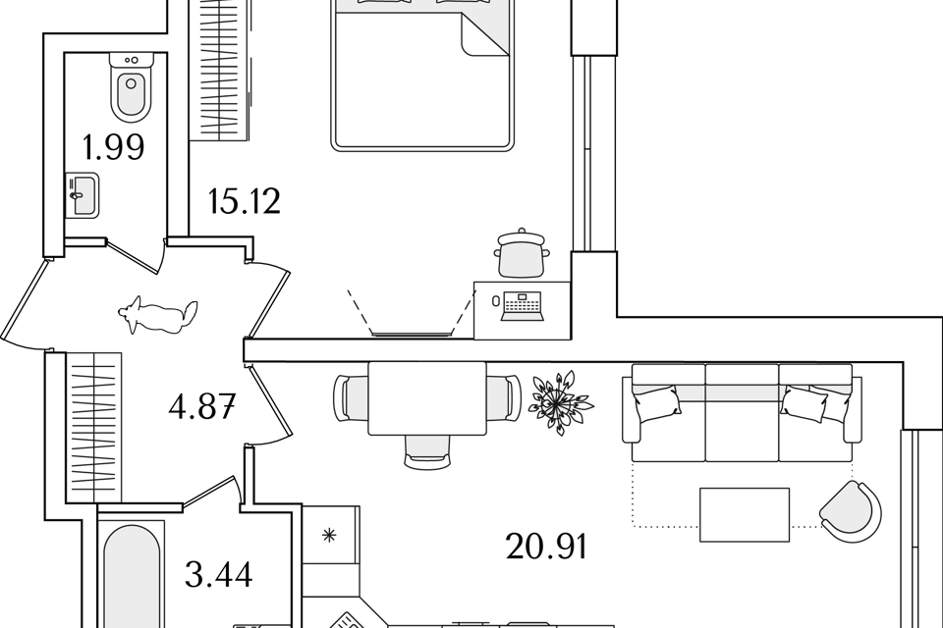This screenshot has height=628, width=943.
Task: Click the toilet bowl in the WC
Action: point(131,95)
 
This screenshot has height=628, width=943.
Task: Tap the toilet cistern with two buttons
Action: point(132,60)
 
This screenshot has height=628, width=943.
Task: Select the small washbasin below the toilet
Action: point(82,194)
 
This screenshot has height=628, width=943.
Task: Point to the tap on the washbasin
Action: point(76,196)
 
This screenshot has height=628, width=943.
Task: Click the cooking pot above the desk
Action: point(522,254)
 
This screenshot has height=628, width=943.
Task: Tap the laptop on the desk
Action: point(522,306)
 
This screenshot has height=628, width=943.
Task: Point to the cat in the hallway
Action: point(159,316)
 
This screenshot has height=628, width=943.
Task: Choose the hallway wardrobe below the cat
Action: point(93,428)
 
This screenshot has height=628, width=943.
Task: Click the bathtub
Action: point(132,579)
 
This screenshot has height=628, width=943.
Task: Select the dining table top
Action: point(427,397)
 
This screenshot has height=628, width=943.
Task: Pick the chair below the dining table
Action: point(427,450)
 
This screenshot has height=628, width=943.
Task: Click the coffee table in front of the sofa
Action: point(744,514)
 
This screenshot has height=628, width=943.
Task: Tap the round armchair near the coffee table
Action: point(850,511)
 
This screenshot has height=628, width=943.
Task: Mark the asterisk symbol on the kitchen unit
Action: point(330,535)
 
